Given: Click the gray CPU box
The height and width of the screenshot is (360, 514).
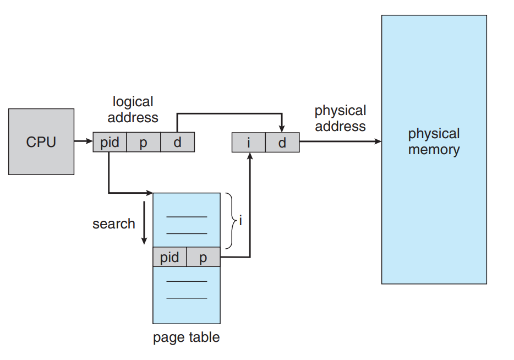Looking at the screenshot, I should [x=41, y=141].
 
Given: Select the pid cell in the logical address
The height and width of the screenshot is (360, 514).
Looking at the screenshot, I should [x=110, y=143].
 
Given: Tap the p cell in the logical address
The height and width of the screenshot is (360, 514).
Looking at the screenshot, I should [x=144, y=143].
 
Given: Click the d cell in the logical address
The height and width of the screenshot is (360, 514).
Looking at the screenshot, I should [x=177, y=143].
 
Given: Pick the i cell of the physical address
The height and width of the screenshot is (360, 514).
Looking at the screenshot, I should [x=249, y=143].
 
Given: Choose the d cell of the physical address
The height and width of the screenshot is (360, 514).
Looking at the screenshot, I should [x=282, y=143].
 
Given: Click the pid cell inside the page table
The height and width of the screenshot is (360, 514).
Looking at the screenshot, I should [x=169, y=257].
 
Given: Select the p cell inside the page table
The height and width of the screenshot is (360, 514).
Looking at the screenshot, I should [x=203, y=257].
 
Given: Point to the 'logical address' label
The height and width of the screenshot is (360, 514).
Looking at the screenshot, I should [x=133, y=110].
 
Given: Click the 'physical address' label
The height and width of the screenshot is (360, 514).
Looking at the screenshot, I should [x=340, y=118].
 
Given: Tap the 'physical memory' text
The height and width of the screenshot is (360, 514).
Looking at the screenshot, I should [x=434, y=141].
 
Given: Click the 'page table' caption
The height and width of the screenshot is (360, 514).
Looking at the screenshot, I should [x=186, y=337].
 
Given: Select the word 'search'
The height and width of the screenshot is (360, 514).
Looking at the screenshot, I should [x=114, y=223].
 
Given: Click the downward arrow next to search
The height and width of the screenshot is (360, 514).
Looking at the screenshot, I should [x=144, y=223].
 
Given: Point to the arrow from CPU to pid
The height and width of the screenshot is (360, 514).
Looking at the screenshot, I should [x=83, y=142].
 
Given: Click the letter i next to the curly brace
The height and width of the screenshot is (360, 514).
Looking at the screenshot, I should [x=240, y=221].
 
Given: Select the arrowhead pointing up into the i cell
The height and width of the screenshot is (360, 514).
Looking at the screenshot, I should [x=250, y=156].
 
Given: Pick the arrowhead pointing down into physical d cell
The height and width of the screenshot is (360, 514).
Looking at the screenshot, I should [x=282, y=129].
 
